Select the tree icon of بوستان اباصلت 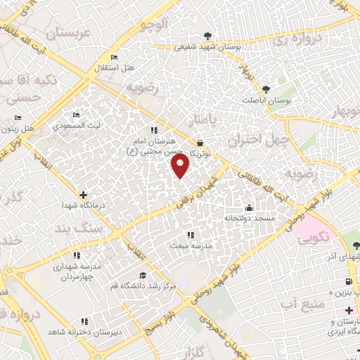pos(266,89)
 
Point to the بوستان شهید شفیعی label pos(207,46)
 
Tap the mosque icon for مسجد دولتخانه pos(249,208)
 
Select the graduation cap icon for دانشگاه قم pos(143,275)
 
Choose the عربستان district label pos(68,32)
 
